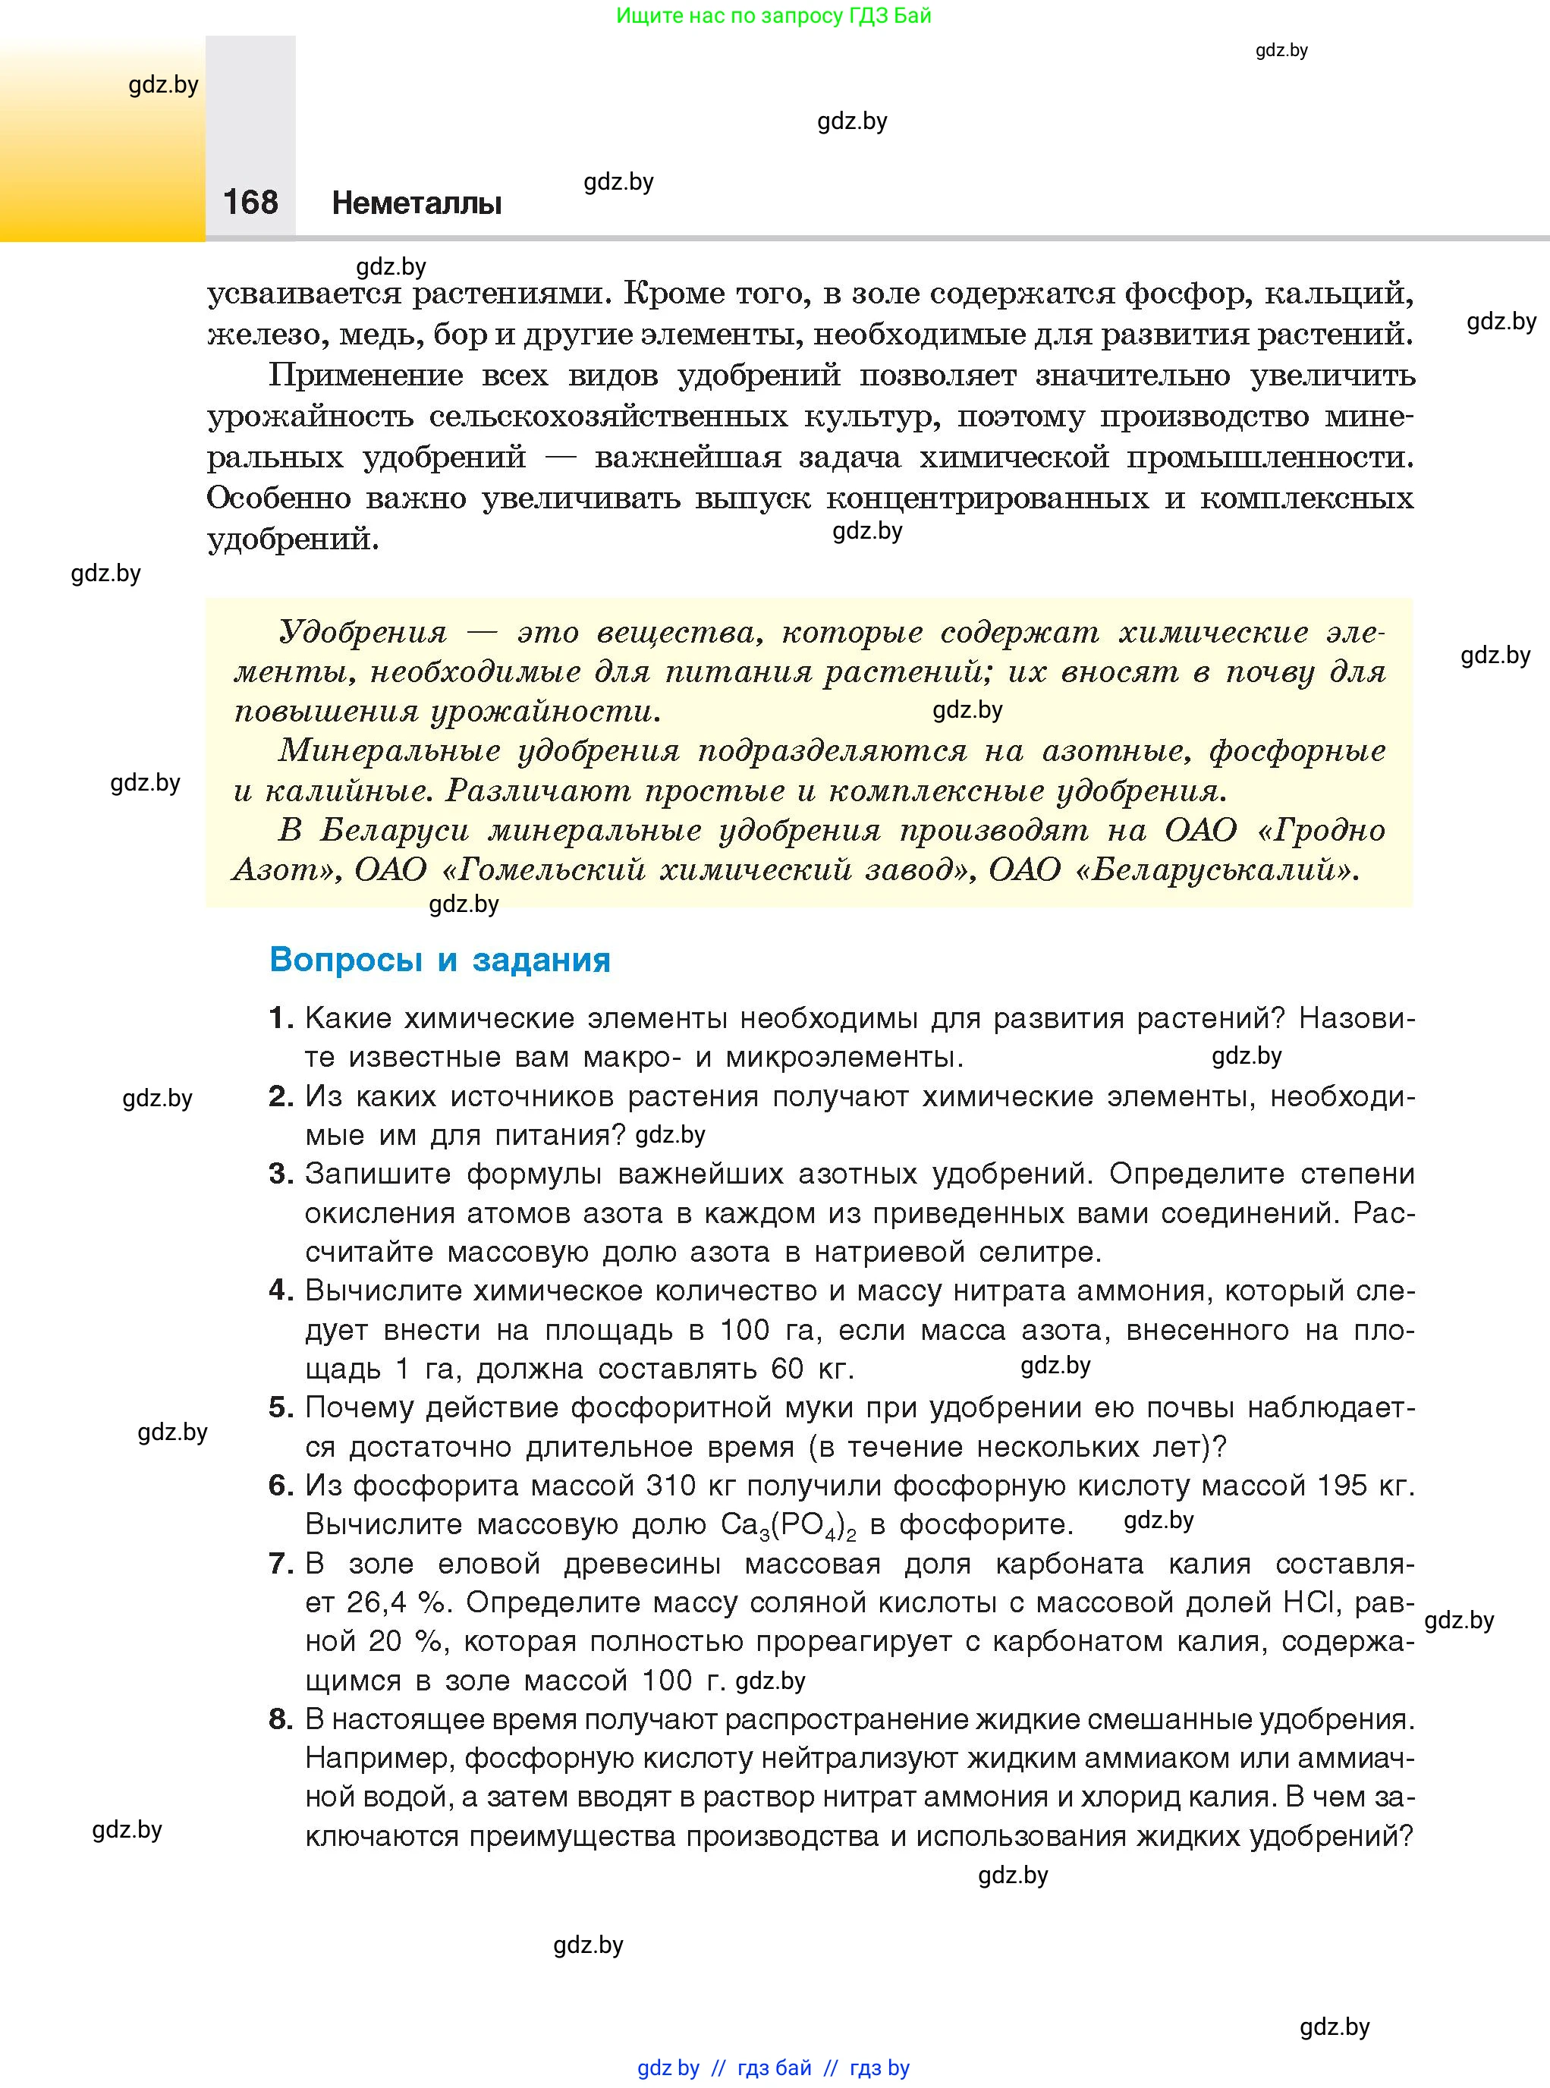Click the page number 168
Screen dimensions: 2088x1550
[250, 202]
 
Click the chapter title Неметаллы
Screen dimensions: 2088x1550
[417, 203]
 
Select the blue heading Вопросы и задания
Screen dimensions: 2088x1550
[439, 960]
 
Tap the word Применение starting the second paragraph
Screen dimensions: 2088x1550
[366, 376]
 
